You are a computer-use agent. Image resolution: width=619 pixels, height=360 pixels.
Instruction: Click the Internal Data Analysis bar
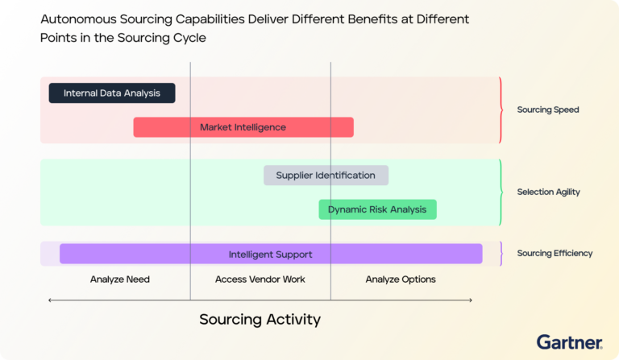112,93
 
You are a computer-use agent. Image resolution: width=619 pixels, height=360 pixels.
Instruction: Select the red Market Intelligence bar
243,127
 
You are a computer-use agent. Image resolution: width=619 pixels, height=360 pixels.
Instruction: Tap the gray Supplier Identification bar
326,176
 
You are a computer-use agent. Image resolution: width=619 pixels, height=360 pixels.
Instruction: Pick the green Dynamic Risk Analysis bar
377,209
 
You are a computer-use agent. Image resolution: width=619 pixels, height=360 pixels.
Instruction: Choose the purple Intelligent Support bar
270,254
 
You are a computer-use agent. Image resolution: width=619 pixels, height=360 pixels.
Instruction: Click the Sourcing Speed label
547,110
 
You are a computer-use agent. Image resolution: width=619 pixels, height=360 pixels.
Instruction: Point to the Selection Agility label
548,192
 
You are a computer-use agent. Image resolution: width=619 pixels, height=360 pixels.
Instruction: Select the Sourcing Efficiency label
555,253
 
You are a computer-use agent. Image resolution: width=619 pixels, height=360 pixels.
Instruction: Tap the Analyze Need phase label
120,279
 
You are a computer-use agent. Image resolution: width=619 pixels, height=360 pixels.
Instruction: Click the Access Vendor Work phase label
260,279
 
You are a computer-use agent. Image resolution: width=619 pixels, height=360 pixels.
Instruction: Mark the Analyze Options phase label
401,279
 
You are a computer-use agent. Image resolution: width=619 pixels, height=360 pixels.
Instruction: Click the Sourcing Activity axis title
260,320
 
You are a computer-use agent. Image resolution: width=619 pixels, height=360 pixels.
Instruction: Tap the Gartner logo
570,341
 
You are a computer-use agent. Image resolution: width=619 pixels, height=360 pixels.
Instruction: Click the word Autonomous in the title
78,18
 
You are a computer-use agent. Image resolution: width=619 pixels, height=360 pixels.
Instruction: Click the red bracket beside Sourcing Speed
501,110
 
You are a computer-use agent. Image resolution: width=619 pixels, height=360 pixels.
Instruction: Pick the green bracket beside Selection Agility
501,192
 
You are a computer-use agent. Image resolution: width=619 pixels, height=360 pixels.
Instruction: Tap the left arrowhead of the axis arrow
51,300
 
